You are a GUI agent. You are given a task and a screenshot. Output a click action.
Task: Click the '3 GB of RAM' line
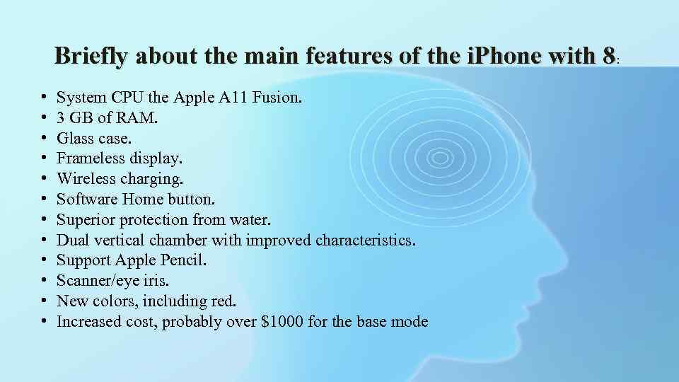[x=108, y=118]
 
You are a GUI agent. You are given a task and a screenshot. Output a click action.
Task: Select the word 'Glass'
[x=76, y=139]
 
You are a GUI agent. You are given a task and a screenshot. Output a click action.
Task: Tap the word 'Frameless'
[x=91, y=158]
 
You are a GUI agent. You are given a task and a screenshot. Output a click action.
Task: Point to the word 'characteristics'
[x=365, y=241]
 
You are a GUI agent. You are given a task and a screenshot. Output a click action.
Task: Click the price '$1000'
[x=282, y=322]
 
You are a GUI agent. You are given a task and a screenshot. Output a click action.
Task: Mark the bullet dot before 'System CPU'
[x=44, y=98]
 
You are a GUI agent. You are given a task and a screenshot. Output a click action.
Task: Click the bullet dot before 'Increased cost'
[x=44, y=323]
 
